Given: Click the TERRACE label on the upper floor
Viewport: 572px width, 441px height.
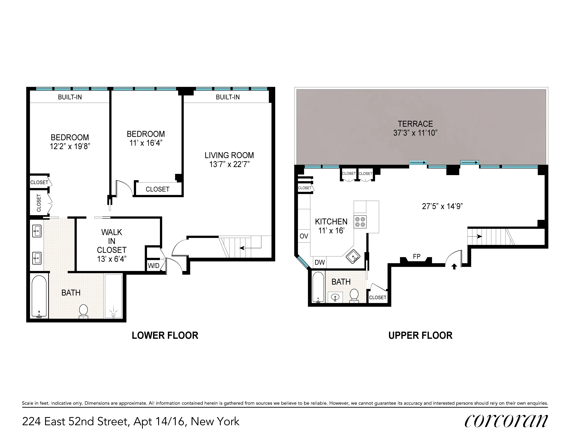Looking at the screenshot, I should (x=415, y=124).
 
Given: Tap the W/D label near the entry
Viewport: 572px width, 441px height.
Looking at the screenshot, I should (x=154, y=266).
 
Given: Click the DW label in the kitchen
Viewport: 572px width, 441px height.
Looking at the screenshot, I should (x=320, y=262).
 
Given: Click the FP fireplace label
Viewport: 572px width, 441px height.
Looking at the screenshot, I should (x=416, y=257).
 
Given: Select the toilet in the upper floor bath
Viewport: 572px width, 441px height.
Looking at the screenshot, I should (x=354, y=296).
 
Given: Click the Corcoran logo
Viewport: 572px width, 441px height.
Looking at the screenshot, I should (x=506, y=421).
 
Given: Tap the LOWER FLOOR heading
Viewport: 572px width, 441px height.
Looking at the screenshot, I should (x=165, y=336).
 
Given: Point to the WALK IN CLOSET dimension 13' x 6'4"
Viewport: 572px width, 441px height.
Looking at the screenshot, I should (x=112, y=259).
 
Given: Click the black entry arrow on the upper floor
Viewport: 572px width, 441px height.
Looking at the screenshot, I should (x=454, y=267).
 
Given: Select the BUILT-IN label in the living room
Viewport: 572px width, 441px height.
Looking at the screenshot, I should (x=228, y=97).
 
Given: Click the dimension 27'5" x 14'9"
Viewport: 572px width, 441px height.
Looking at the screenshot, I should (x=442, y=206).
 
